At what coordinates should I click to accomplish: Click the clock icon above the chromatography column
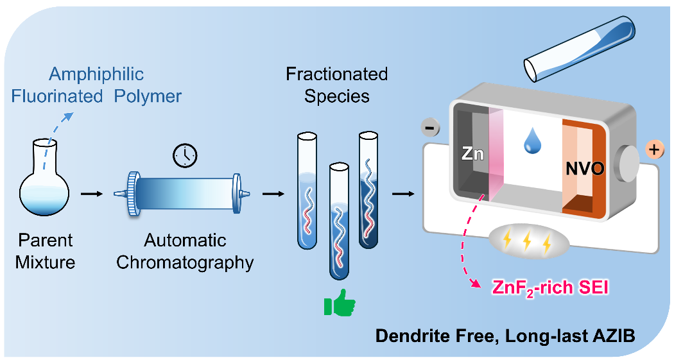coord(186,155)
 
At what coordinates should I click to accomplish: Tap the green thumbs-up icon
coord(339,305)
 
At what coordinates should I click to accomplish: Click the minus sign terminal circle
coord(432,128)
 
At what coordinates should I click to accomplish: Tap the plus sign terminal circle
coord(654,151)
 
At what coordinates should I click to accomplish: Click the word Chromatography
coord(186,262)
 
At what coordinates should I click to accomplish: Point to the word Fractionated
coord(337,74)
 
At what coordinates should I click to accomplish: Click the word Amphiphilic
coord(96,74)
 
